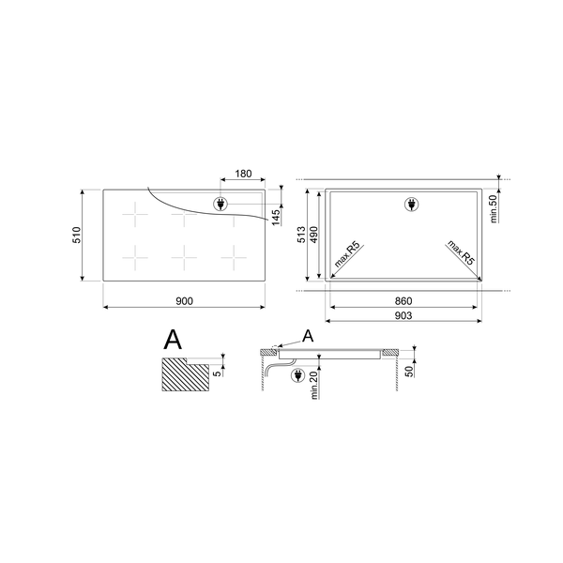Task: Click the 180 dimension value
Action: (x=242, y=174)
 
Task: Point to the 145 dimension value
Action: (x=276, y=219)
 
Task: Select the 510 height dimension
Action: (x=79, y=236)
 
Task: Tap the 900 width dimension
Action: (x=183, y=300)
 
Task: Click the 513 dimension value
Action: (x=302, y=236)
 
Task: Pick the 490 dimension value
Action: (x=315, y=236)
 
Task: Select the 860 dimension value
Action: (x=403, y=300)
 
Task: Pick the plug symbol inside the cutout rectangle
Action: (x=409, y=204)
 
